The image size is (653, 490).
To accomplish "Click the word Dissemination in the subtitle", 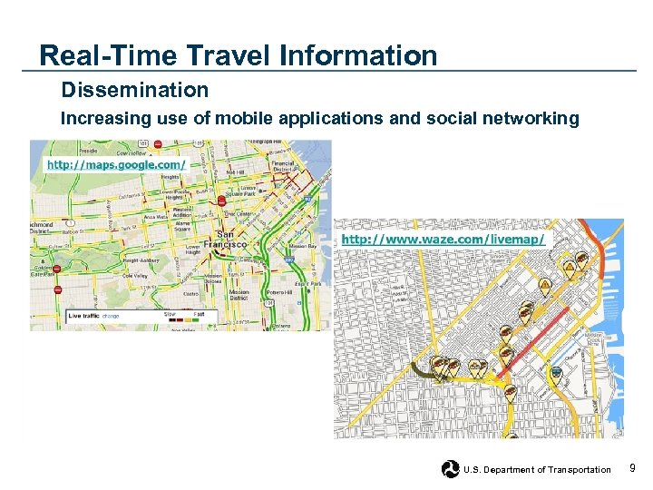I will click(134, 91).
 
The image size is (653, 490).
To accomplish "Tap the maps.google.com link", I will click(116, 165).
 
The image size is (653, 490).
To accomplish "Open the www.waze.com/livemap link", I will click(443, 240).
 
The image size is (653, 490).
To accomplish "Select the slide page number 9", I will click(632, 468).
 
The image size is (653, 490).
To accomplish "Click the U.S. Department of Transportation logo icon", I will click(450, 469).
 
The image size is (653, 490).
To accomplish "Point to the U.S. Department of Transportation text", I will click(537, 470).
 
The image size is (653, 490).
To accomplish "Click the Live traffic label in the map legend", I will click(84, 316).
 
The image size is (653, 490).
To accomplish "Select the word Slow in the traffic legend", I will click(170, 314).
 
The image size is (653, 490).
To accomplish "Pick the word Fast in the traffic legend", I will click(198, 314).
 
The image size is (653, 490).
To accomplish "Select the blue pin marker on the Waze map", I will click(557, 371).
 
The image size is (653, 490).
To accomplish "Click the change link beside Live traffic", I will click(112, 316).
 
